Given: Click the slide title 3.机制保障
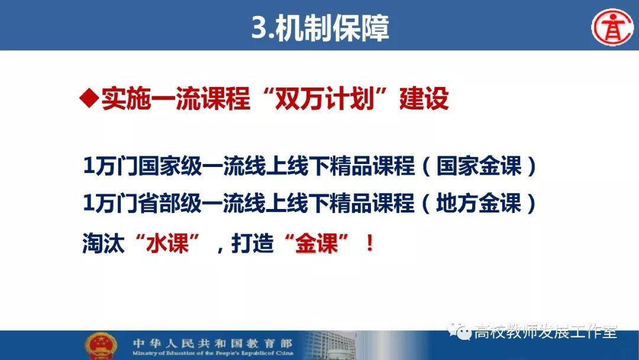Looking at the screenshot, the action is click(320, 28).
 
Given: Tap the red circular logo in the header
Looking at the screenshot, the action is click(612, 28).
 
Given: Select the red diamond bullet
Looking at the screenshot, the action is click(89, 99).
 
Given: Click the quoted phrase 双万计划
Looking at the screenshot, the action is click(325, 98).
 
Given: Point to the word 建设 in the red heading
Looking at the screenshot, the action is click(424, 98).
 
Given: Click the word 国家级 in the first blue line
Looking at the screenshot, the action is click(170, 166).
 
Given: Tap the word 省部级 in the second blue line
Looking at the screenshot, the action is click(170, 202).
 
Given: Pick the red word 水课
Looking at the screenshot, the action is click(167, 243).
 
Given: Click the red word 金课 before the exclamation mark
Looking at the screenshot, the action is click(317, 243).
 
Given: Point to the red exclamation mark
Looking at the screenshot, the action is click(370, 243).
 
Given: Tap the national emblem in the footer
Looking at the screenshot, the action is click(101, 346).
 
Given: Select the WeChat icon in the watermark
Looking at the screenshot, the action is click(459, 331).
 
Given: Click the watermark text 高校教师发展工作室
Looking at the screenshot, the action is click(546, 332).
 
